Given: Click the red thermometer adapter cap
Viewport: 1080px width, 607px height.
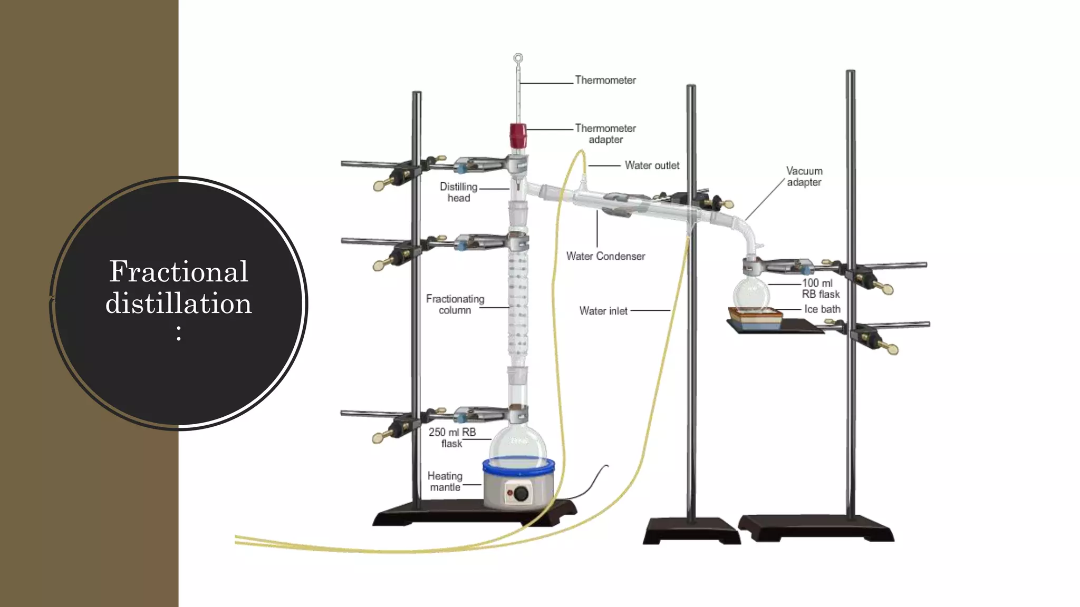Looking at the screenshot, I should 518,135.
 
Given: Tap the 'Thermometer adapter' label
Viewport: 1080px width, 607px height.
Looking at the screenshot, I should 605,134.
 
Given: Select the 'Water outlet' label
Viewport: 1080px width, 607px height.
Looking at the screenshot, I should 652,165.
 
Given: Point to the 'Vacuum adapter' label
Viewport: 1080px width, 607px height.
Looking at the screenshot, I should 804,177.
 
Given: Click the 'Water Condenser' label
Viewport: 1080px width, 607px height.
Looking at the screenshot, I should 605,257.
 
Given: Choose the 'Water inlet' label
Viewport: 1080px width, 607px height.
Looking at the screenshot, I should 603,311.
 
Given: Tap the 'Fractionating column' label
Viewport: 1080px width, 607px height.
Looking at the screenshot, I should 455,305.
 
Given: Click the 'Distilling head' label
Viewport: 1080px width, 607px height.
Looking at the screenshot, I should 458,192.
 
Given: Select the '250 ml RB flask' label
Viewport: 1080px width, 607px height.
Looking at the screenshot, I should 452,438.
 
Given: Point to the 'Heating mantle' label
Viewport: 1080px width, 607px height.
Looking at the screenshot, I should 445,482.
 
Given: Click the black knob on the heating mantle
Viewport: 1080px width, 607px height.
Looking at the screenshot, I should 521,494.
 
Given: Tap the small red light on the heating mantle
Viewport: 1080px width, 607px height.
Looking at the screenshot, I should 509,493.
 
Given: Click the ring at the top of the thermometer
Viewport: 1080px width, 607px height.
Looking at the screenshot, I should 518,58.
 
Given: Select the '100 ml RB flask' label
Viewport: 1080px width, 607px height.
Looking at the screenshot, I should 820,289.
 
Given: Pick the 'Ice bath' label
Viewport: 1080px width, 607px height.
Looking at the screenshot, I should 822,309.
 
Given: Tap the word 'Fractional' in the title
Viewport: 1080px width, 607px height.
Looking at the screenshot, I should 178,271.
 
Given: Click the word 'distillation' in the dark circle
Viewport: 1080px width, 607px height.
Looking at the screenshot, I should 178,303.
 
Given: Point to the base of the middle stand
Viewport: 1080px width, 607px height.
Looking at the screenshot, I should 691,531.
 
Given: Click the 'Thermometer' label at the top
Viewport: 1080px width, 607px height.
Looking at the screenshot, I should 605,80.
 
